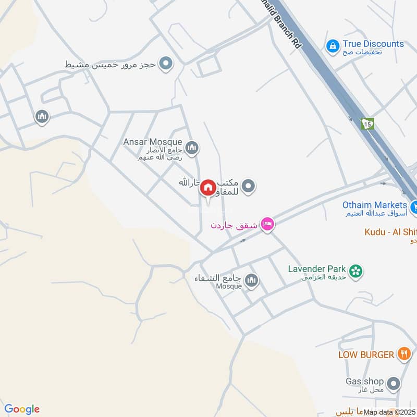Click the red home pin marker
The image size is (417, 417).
pos(207,188)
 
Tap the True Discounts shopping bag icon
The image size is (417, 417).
pos(332,47)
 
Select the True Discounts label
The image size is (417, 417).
pos(373,44)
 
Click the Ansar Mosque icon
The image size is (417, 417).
pos(192,149)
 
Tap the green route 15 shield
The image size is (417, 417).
pos(368,124)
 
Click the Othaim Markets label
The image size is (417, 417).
pos(374,205)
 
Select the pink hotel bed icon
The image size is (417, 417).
pos(268,225)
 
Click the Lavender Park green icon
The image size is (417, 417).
pos(356,271)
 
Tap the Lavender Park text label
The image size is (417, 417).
pos(317,269)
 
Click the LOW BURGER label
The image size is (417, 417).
pos(366,354)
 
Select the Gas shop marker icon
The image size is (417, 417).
pos(394,384)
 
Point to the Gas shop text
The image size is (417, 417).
pos(364,382)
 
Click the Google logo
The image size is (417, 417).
pos(22,409)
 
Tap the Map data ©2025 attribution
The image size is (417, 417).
pos(388,412)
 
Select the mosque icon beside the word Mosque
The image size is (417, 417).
pos(252,281)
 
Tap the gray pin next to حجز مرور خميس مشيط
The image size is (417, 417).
pos(166,64)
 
